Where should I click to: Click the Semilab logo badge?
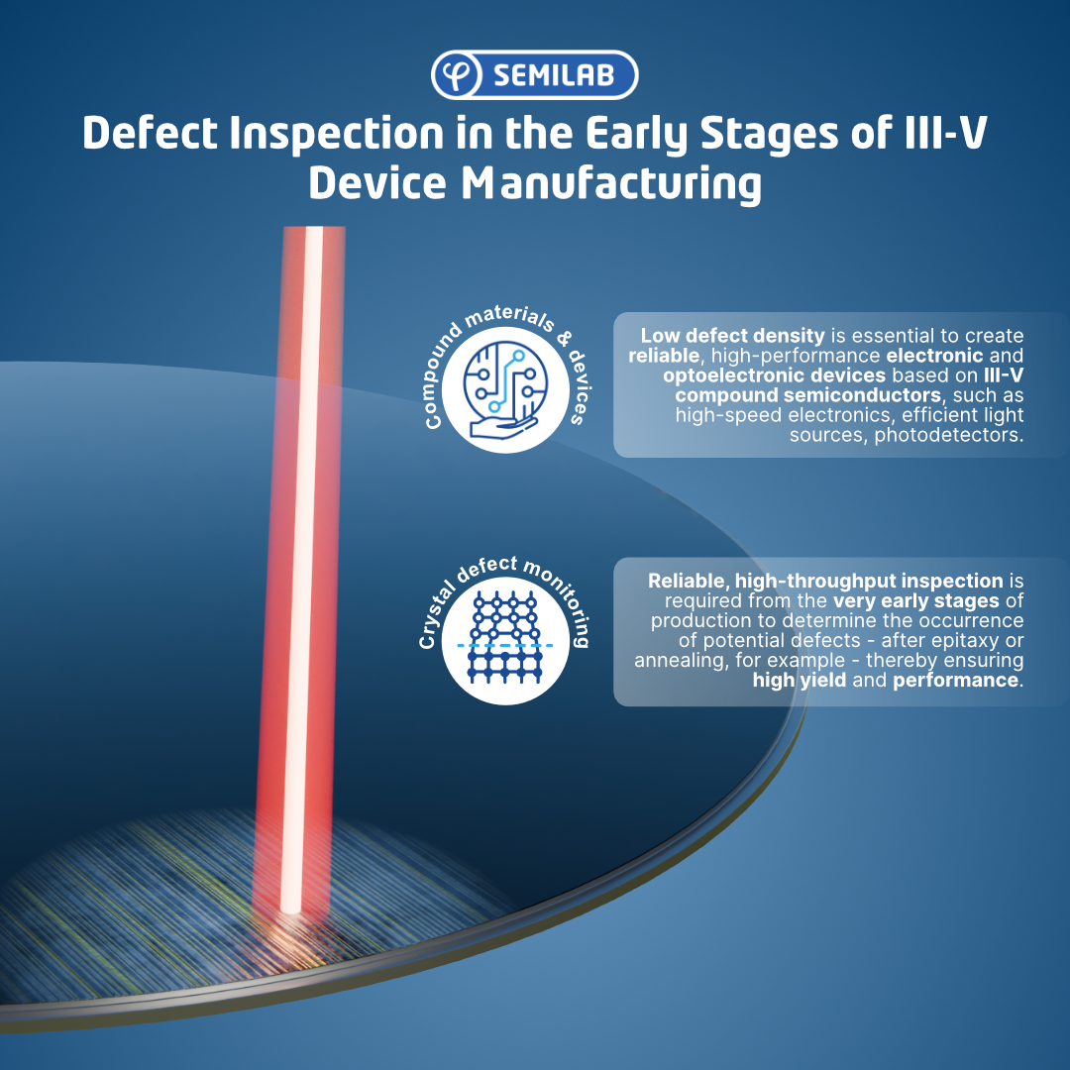tap(534, 75)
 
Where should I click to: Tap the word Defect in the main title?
tap(151, 133)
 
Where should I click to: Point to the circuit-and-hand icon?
tap(505, 390)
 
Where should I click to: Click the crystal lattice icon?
tap(505, 640)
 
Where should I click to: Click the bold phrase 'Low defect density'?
tap(732, 336)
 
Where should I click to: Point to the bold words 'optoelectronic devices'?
tap(774, 375)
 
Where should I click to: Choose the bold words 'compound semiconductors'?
tap(808, 395)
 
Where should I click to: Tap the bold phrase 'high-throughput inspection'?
tap(869, 581)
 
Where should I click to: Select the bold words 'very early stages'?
tap(915, 601)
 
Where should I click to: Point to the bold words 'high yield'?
tap(800, 681)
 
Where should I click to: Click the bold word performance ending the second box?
tap(955, 681)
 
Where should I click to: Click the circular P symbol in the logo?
tap(457, 75)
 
